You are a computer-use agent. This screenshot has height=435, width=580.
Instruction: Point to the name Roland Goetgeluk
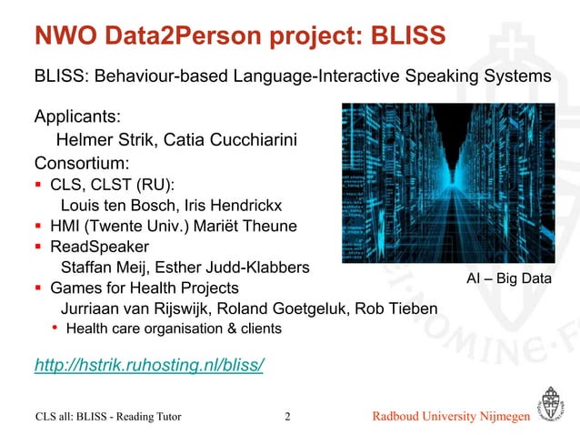(286, 309)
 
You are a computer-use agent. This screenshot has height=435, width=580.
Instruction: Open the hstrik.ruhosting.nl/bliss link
(149, 366)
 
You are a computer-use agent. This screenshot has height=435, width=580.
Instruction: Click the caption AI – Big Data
(508, 278)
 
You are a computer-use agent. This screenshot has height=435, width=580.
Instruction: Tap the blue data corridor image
(447, 182)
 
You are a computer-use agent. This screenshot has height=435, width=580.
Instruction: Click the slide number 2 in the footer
(287, 418)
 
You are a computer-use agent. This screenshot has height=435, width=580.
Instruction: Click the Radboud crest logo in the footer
(552, 405)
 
